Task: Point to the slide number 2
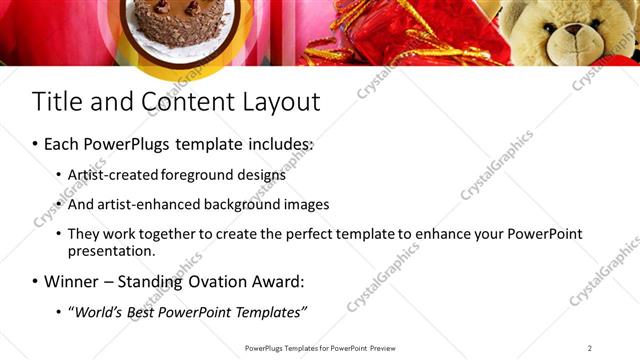[x=590, y=348]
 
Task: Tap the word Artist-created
[x=109, y=175]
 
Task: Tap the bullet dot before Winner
[x=35, y=282]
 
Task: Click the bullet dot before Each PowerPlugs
[x=35, y=145]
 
